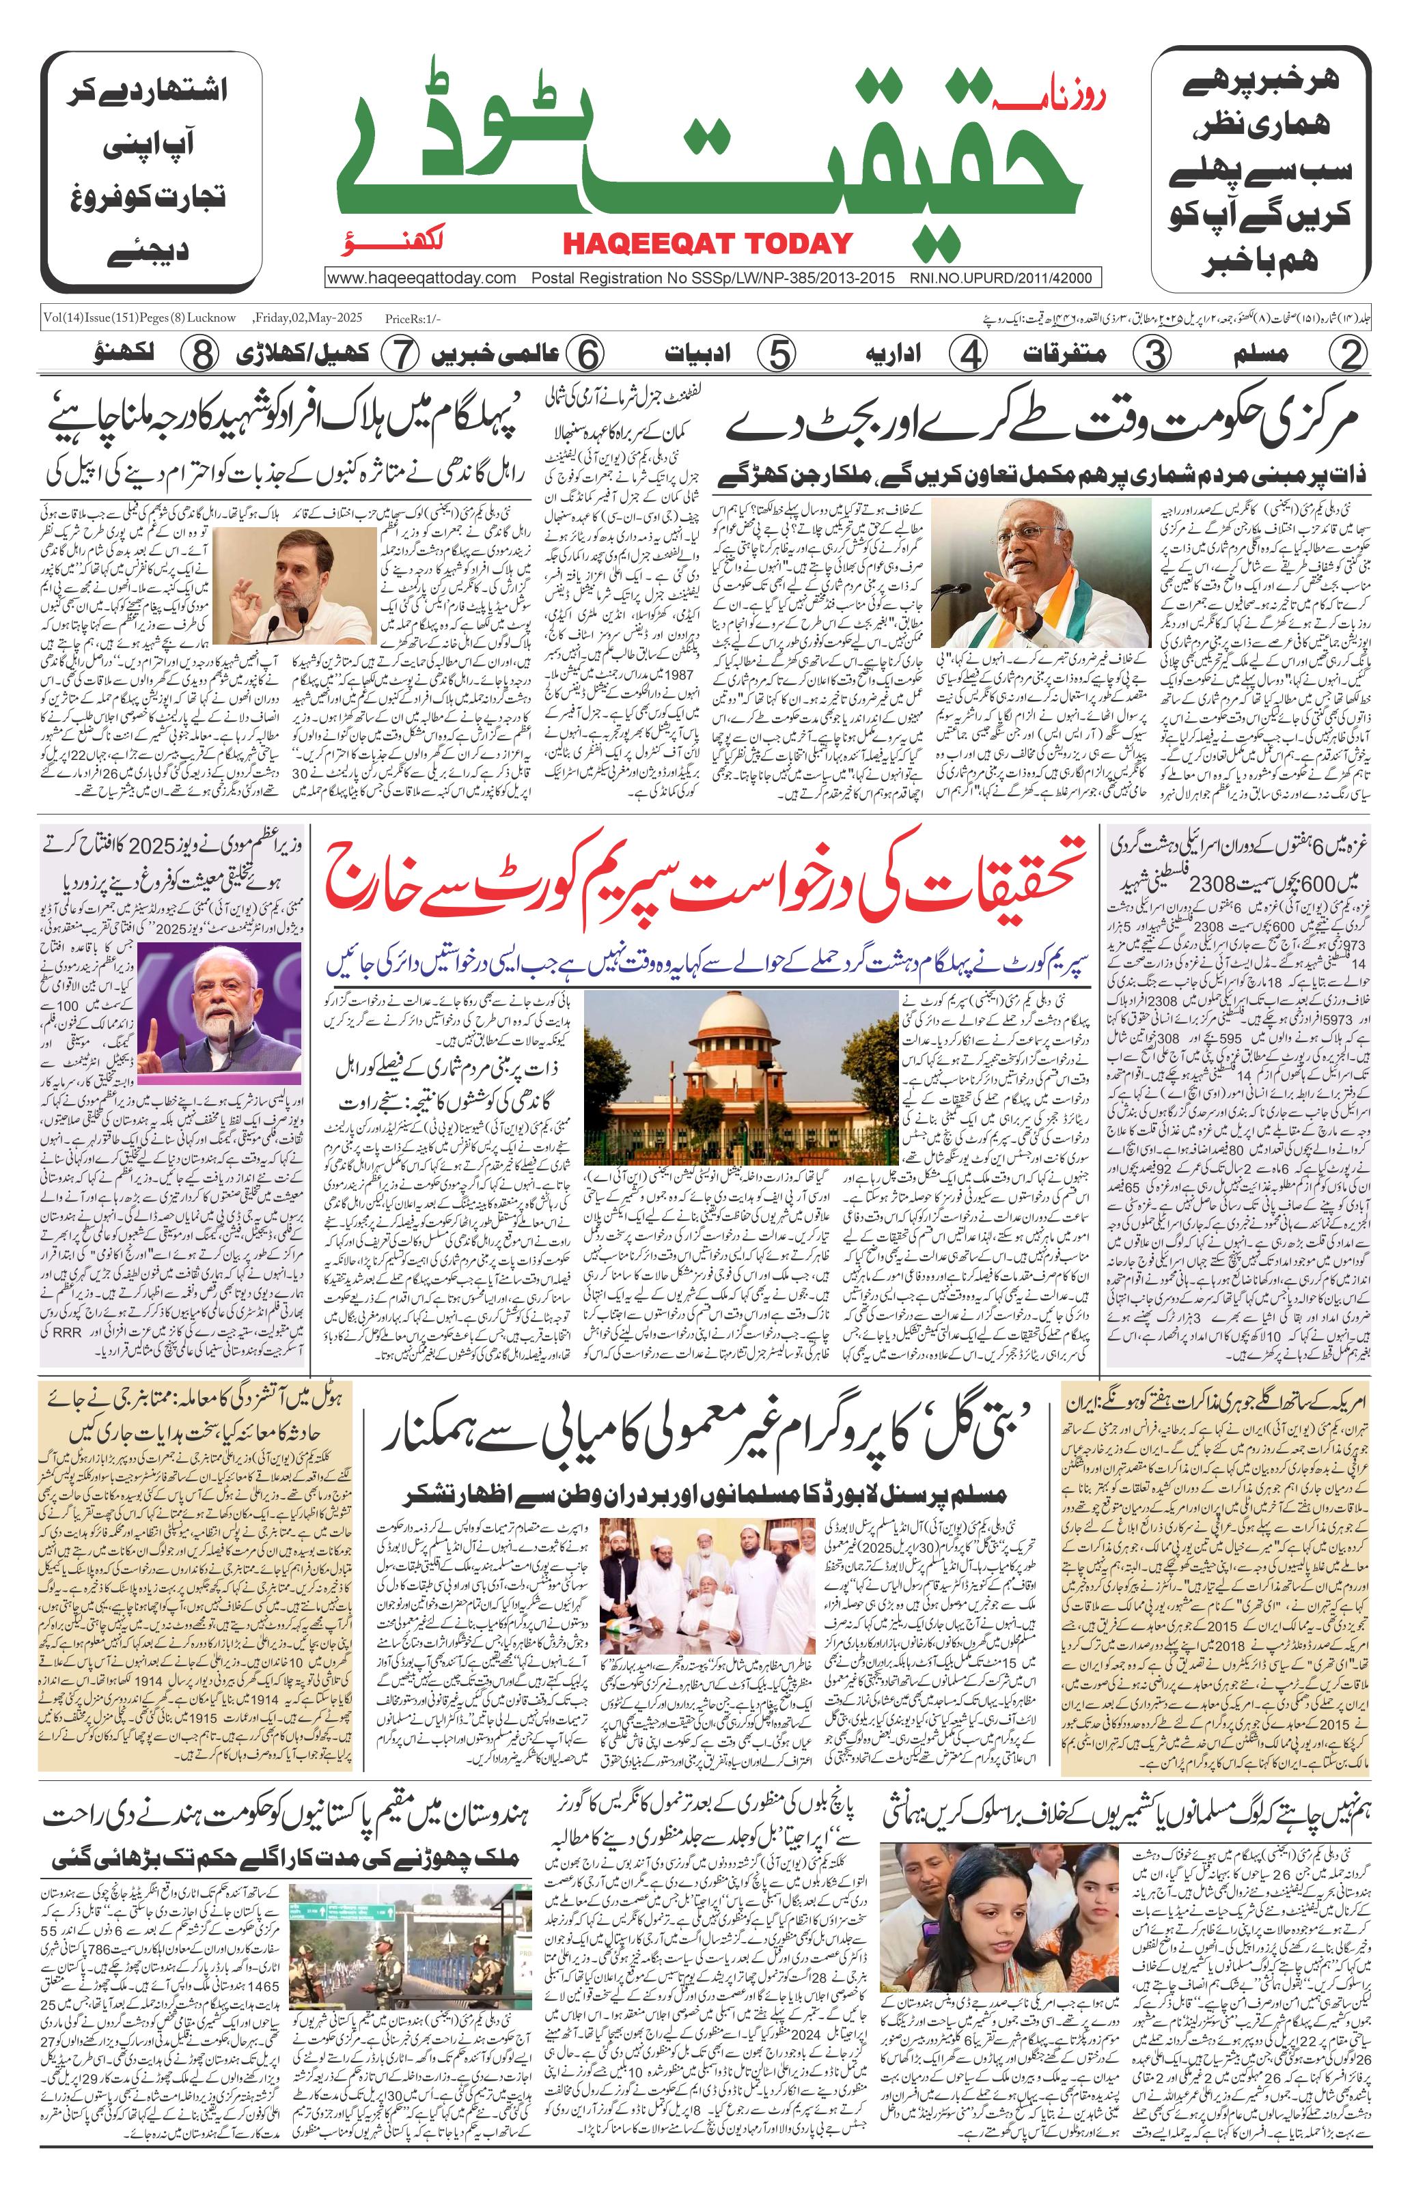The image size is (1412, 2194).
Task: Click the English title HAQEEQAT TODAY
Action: point(707,243)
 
